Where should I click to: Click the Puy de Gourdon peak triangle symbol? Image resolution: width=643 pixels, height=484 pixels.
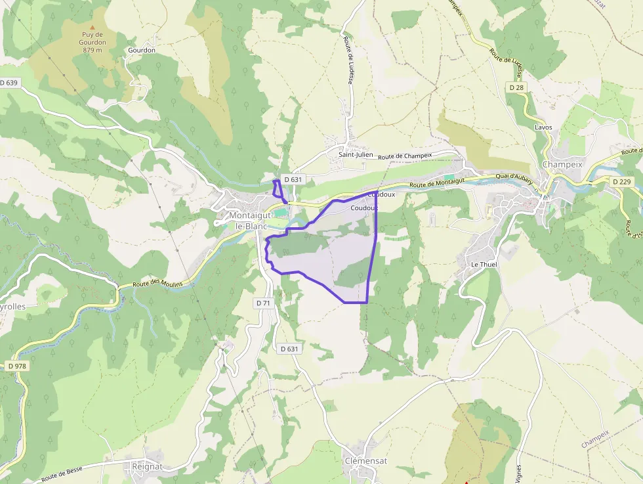pyautogui.click(x=92, y=28)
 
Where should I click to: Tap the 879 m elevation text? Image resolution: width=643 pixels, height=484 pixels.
pyautogui.click(x=92, y=51)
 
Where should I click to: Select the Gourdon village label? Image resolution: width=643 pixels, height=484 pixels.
pyautogui.click(x=142, y=51)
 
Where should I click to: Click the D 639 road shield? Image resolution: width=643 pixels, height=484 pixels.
pyautogui.click(x=10, y=83)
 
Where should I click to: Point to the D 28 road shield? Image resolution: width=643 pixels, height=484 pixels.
pyautogui.click(x=516, y=87)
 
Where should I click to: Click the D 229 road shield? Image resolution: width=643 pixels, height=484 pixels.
pyautogui.click(x=620, y=181)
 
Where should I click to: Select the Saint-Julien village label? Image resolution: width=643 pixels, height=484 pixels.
pyautogui.click(x=356, y=155)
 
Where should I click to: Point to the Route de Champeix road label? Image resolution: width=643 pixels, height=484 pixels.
pyautogui.click(x=405, y=156)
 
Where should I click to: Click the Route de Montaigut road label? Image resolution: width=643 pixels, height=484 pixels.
pyautogui.click(x=436, y=184)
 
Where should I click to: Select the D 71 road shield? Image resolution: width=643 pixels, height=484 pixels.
pyautogui.click(x=263, y=303)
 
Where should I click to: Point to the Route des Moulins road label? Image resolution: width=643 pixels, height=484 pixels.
pyautogui.click(x=156, y=283)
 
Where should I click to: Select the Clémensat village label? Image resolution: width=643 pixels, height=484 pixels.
pyautogui.click(x=365, y=461)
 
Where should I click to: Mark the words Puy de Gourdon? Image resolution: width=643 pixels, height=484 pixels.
pyautogui.click(x=92, y=38)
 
